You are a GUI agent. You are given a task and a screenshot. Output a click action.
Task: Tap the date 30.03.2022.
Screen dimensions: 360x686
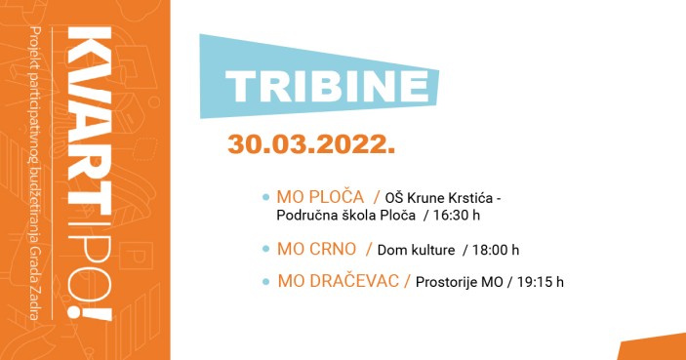tap(311, 143)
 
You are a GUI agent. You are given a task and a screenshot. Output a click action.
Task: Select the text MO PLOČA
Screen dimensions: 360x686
tap(320, 197)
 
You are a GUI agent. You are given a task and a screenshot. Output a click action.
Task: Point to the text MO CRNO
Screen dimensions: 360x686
tap(317, 250)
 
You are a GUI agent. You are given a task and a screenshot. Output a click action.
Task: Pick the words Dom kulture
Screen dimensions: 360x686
tap(417, 251)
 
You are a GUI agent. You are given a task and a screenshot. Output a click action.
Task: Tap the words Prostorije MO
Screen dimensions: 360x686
tap(459, 283)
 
